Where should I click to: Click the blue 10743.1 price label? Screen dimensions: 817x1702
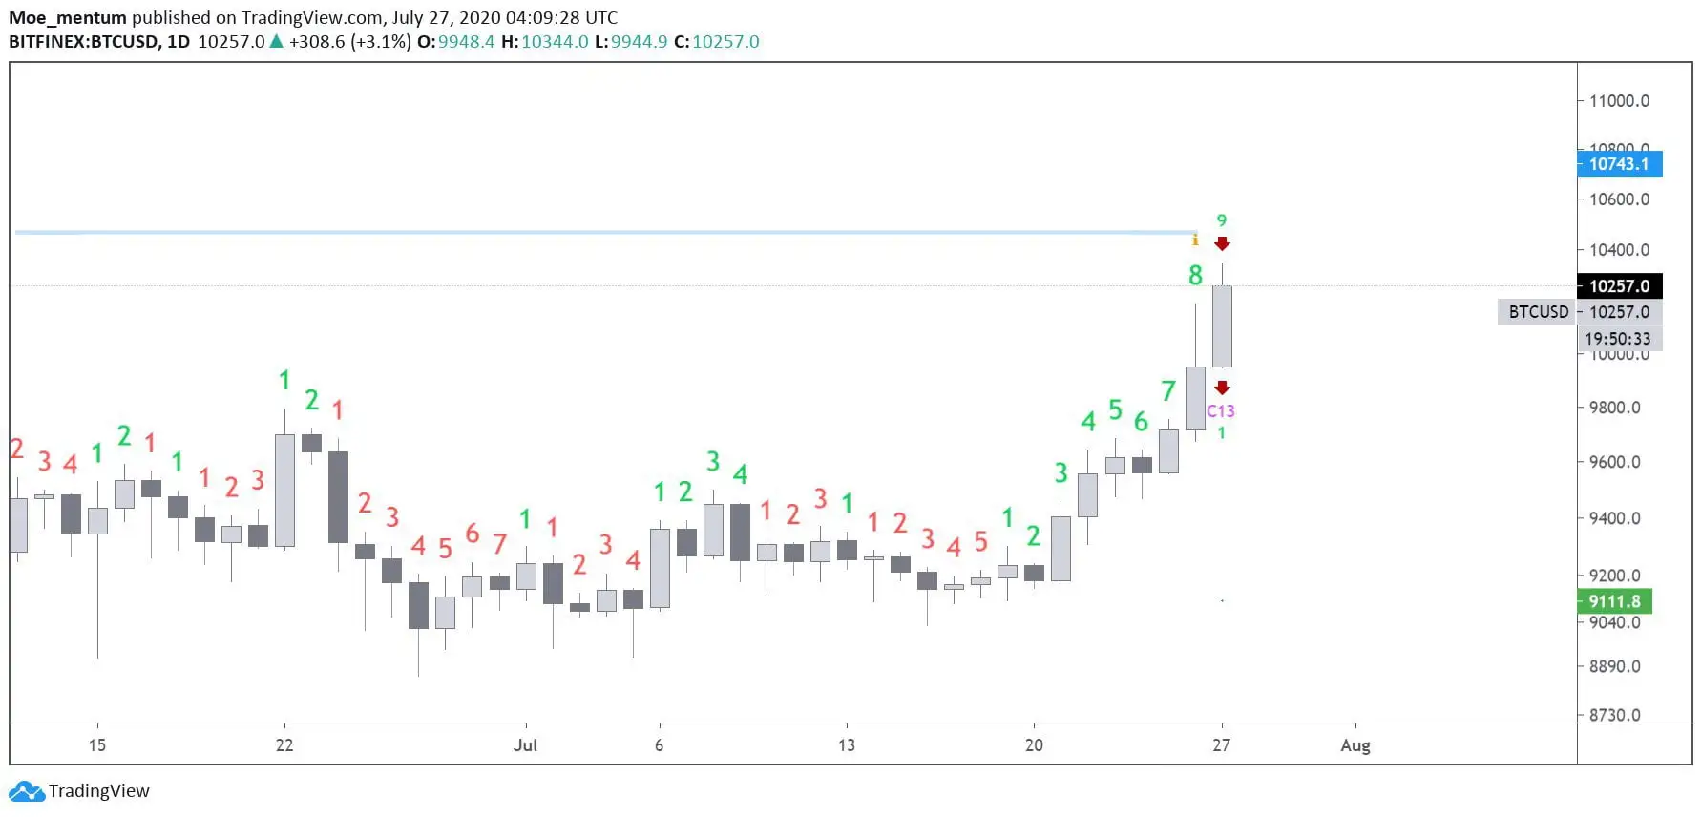pos(1618,164)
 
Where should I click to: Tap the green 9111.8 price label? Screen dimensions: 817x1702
pos(1614,601)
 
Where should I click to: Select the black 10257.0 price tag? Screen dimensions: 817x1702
pos(1619,286)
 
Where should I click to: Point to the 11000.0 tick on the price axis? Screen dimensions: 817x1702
pos(1619,101)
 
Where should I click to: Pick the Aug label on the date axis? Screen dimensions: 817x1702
pos(1355,745)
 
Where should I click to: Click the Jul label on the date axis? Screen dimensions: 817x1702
pos(525,745)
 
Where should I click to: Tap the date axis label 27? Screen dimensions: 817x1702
pos(1221,745)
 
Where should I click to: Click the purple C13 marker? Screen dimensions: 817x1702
pos(1220,411)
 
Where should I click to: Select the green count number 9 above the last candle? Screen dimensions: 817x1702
pos(1221,220)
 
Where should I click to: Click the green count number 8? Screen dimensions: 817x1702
pos(1195,276)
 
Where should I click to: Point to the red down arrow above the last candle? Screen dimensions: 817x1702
pos(1222,244)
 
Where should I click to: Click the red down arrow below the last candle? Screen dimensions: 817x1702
pos(1222,388)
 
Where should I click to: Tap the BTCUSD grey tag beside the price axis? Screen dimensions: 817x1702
pos(1538,312)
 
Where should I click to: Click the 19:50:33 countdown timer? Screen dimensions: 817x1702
pos(1617,339)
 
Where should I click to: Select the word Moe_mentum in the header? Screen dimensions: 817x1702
pos(67,18)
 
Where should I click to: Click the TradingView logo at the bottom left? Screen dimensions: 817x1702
pos(79,791)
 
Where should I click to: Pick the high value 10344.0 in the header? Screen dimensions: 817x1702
pos(555,42)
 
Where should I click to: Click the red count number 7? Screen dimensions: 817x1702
pos(499,544)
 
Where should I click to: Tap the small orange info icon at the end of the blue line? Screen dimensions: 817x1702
pos(1195,240)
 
